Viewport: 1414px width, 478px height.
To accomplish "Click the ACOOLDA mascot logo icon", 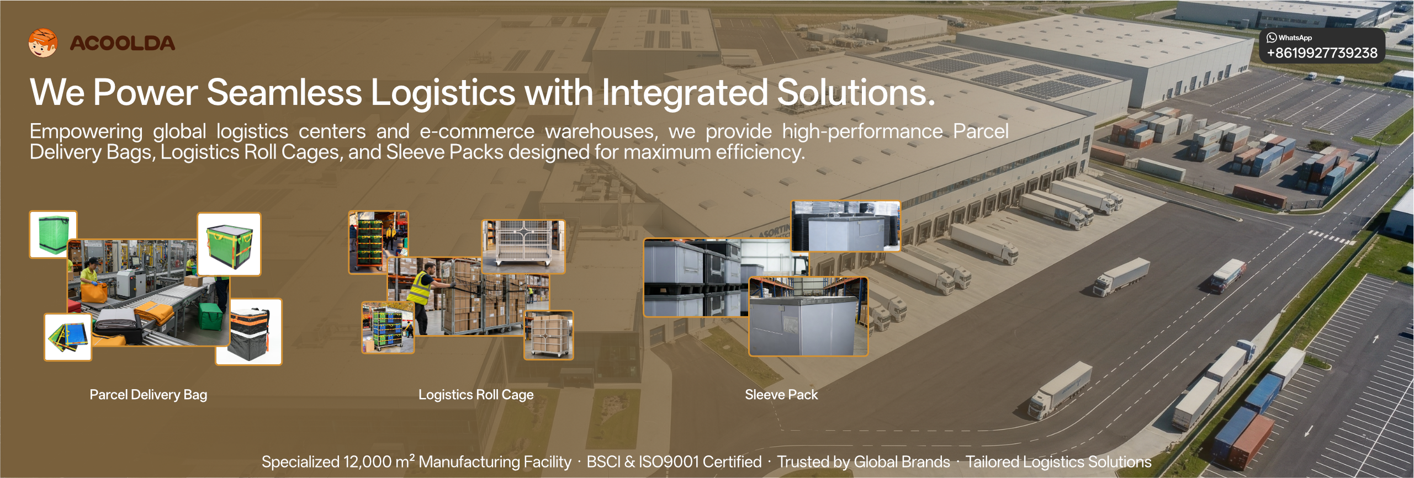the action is [x=43, y=43].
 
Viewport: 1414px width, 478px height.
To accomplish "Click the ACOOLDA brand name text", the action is [x=122, y=44].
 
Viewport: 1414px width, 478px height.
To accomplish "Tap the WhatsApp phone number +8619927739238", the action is [x=1322, y=53].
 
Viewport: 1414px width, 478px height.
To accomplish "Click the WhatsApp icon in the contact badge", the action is [x=1272, y=38].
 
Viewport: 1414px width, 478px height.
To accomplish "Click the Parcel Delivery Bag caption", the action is [x=149, y=395].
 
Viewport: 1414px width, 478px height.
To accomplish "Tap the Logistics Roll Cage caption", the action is [x=476, y=395].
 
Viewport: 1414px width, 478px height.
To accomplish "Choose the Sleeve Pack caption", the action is [x=781, y=395].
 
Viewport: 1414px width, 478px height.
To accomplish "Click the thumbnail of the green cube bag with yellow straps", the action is [x=229, y=244].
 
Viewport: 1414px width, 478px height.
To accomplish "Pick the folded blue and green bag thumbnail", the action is [x=68, y=337].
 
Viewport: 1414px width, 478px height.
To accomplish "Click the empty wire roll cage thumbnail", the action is [x=523, y=247].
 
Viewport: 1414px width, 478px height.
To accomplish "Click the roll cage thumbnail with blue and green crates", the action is [x=388, y=327].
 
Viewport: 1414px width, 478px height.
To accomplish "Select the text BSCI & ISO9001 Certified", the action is [x=674, y=462].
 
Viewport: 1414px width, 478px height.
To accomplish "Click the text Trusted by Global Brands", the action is [x=864, y=462].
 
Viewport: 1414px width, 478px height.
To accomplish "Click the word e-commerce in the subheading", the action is [x=477, y=131].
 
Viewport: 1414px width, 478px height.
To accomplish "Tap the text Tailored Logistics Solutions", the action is [x=1058, y=462].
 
